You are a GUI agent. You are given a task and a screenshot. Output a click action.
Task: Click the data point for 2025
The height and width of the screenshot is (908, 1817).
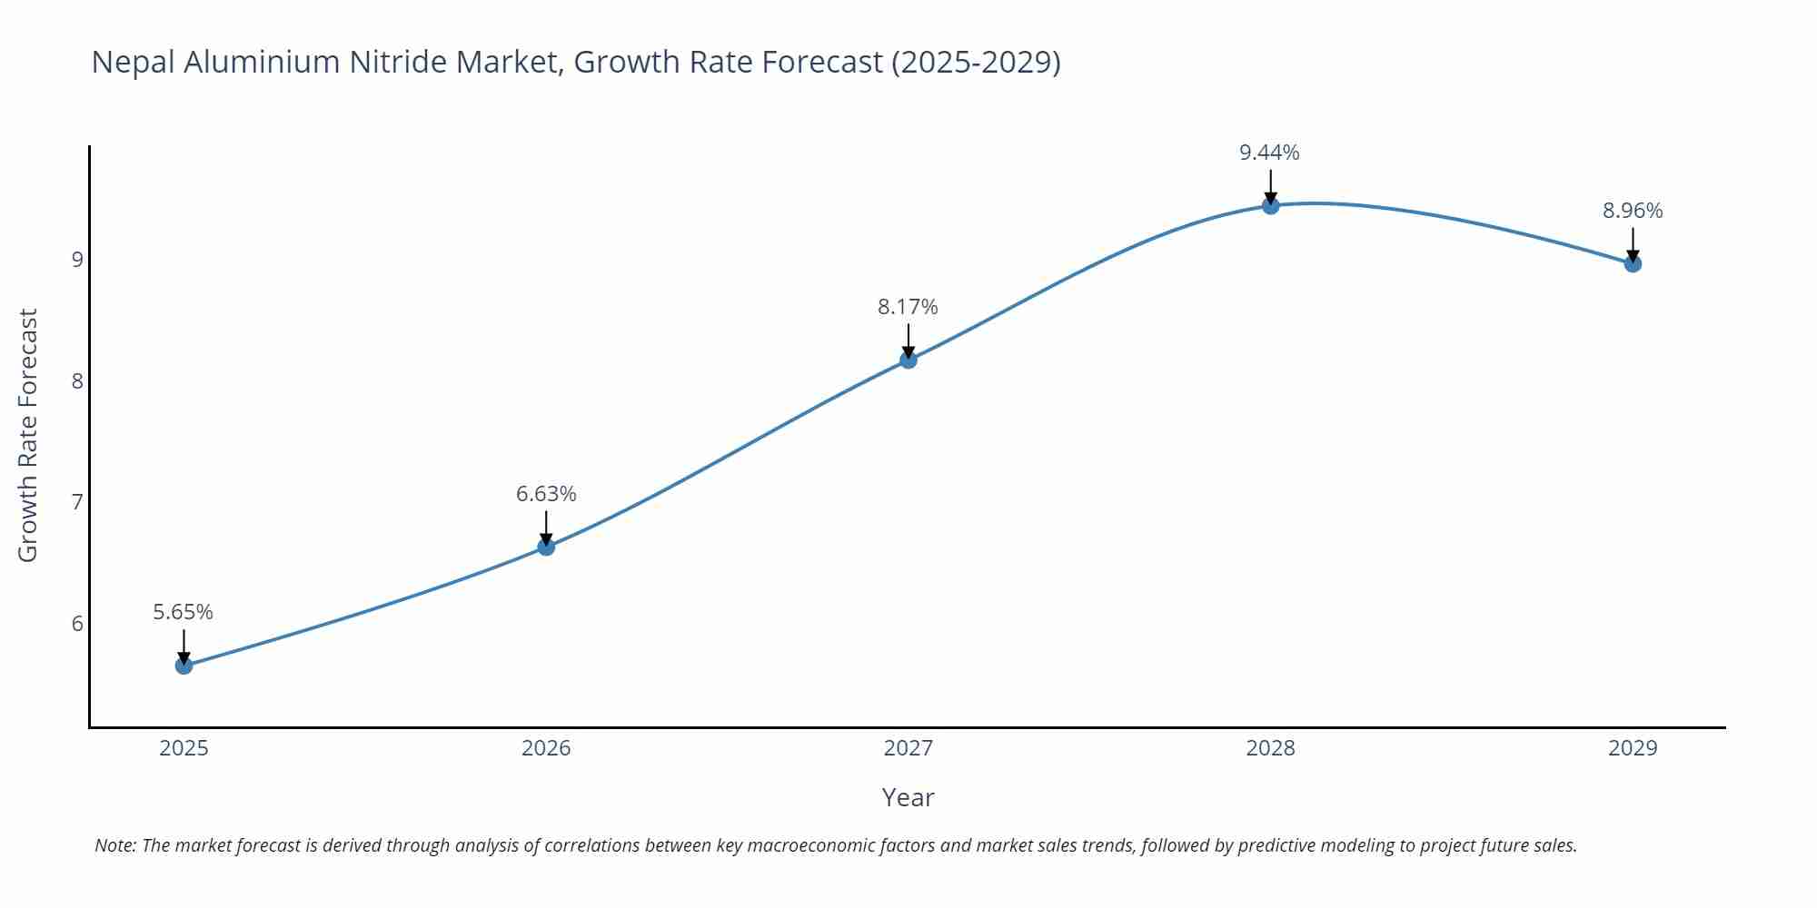184,666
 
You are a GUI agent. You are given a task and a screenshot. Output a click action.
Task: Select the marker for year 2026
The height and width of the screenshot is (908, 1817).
546,547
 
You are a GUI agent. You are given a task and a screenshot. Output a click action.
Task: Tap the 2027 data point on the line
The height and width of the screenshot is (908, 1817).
908,360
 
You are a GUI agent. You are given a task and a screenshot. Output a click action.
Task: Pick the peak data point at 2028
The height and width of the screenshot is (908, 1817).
1270,206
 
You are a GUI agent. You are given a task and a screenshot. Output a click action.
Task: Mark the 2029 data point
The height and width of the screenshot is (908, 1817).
1633,264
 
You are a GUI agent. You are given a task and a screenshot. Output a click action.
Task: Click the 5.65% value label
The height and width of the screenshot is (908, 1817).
183,612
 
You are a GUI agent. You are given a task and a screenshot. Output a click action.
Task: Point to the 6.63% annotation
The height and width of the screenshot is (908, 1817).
546,494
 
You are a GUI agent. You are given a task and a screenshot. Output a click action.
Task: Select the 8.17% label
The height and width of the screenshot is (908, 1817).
908,307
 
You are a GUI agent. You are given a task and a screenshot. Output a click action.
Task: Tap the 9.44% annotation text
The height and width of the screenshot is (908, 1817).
1269,153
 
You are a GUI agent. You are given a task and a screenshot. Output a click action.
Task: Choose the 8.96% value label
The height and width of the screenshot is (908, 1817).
1633,211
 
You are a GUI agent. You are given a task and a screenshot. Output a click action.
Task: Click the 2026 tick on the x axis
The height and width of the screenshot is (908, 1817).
546,748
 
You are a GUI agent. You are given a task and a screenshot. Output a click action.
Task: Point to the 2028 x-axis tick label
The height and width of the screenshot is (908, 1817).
1270,748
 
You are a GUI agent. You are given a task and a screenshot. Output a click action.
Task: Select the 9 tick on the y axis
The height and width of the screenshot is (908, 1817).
77,260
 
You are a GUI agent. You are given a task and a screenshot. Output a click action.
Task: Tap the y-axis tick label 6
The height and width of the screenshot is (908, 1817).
77,624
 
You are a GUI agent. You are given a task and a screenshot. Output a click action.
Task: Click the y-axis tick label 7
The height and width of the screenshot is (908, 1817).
77,502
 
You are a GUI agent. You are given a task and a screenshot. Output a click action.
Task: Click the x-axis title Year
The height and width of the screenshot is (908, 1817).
908,797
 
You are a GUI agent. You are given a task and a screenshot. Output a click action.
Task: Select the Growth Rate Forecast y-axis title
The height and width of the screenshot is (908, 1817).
28,436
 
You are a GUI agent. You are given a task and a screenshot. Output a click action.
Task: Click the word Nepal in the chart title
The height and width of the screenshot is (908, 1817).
134,62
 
